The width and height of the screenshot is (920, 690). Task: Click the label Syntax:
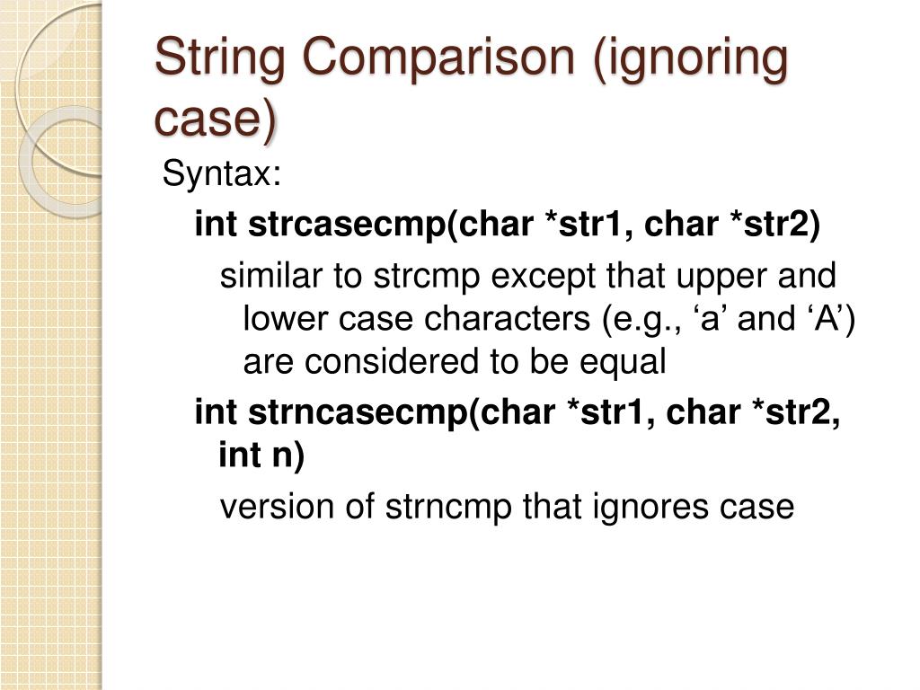(x=221, y=174)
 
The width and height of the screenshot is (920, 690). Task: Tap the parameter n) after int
(x=286, y=456)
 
